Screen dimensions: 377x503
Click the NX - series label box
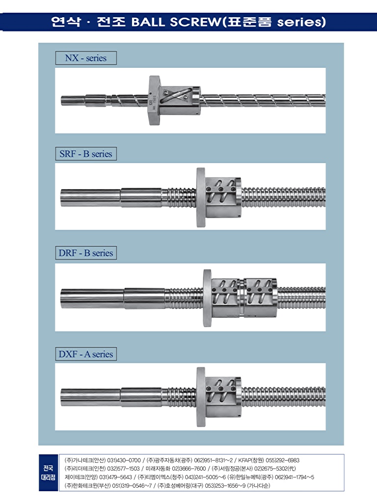86,58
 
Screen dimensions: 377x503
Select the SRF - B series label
86,154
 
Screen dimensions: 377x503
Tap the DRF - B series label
86,253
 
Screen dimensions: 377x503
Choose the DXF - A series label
86,354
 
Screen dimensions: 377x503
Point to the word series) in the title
301,22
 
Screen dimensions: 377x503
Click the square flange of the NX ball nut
154,100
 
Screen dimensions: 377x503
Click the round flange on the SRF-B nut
201,197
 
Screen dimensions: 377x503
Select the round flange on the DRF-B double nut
208,298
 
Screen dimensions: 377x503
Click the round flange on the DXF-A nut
201,397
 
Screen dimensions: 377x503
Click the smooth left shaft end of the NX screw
73,100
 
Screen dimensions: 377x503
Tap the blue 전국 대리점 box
49,473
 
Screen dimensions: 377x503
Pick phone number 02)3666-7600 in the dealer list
189,469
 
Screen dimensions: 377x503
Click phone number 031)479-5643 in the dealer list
116,477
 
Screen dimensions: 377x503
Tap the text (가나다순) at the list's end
258,485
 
